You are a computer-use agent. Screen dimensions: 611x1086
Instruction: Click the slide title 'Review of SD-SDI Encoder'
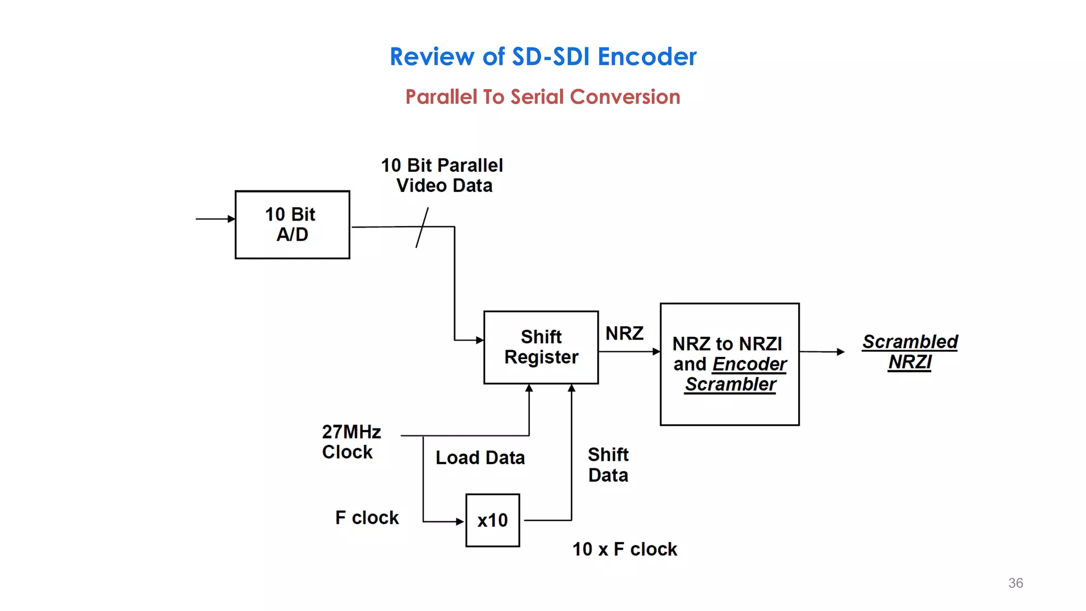click(x=543, y=57)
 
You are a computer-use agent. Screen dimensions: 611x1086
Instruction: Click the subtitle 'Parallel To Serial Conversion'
click(x=542, y=97)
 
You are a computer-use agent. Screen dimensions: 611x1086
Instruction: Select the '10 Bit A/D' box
click(x=292, y=225)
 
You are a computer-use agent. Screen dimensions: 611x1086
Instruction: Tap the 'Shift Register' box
click(x=541, y=347)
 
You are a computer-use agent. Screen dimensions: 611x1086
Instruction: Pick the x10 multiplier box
click(x=493, y=520)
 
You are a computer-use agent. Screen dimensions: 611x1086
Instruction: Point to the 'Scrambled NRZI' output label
click(x=910, y=352)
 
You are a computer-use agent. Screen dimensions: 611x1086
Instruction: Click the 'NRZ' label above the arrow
click(x=624, y=334)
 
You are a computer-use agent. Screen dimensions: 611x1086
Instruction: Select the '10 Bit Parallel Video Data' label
click(x=442, y=176)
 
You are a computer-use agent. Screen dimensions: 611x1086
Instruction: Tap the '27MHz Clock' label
click(x=351, y=442)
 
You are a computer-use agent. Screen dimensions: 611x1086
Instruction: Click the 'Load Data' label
click(x=480, y=458)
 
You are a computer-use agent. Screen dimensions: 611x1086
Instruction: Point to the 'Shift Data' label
click(x=608, y=465)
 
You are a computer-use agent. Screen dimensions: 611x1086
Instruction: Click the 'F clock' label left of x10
click(x=366, y=518)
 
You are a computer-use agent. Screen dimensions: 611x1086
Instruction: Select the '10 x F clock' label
click(x=624, y=549)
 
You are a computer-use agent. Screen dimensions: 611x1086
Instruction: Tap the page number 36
click(x=1015, y=583)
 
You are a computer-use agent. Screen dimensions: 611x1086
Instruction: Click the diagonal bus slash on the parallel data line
click(x=422, y=228)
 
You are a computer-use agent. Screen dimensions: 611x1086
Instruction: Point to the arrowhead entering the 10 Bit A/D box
click(x=231, y=219)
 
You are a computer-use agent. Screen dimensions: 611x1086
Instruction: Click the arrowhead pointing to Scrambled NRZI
click(x=840, y=352)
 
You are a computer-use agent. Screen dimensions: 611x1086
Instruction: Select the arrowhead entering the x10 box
click(x=460, y=521)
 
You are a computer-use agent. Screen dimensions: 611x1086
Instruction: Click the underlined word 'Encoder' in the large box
click(x=749, y=364)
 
